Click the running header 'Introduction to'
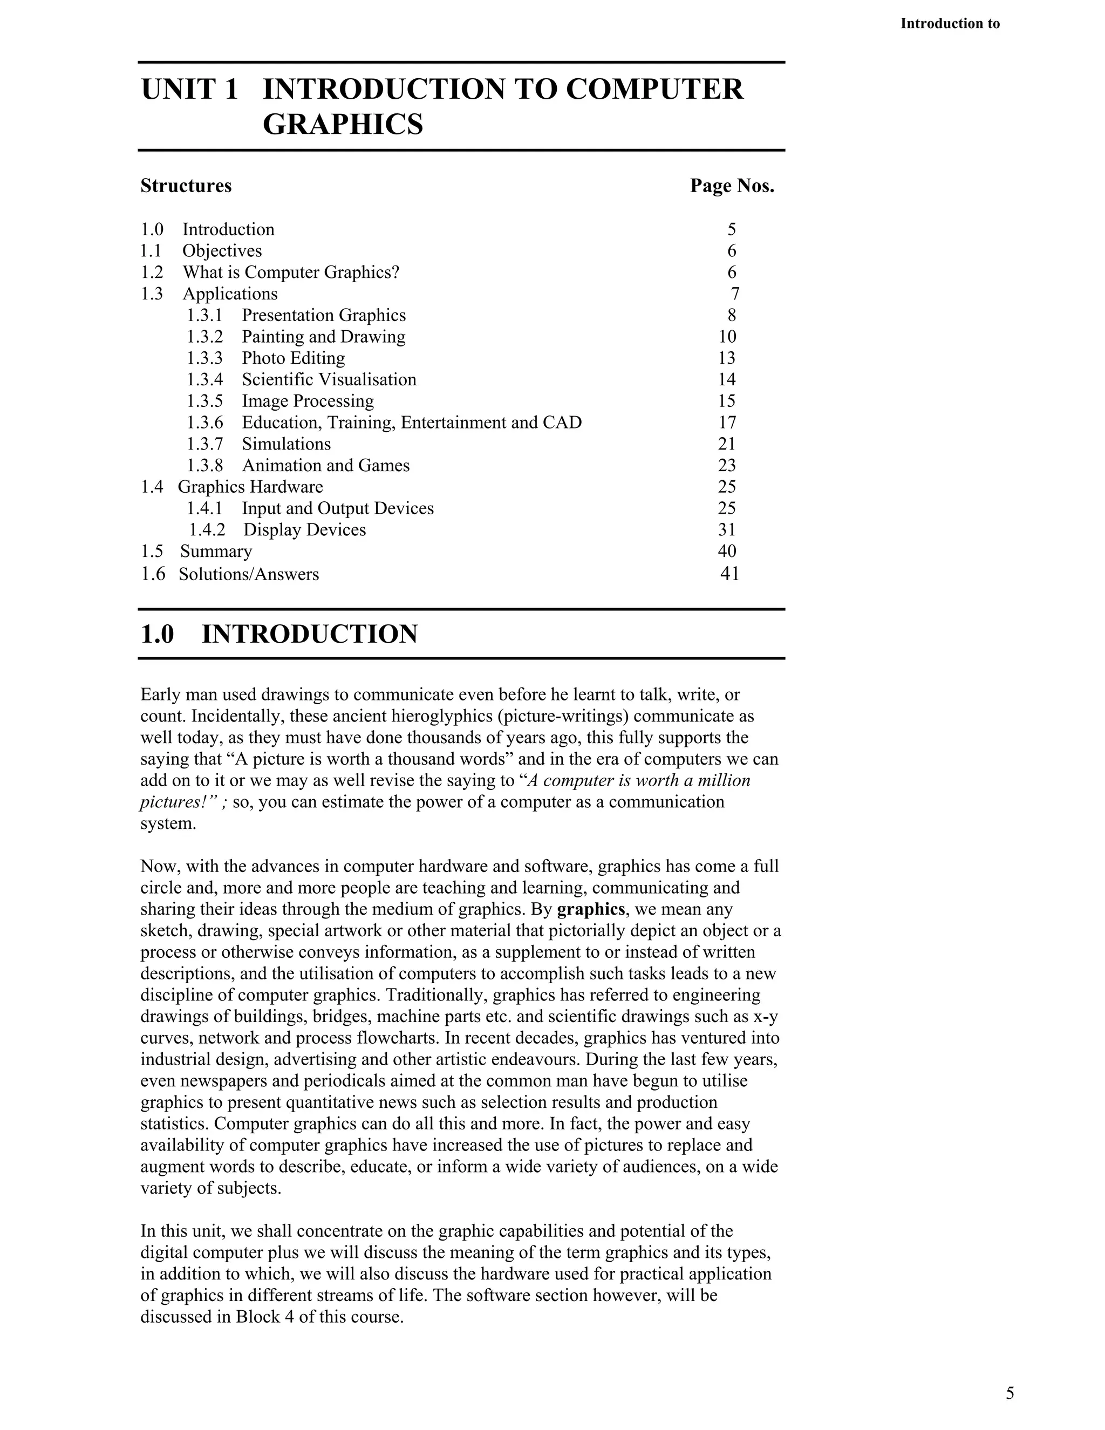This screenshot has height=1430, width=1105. tap(949, 24)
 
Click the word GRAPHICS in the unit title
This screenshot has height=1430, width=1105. tap(343, 125)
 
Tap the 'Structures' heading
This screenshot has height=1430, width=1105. tap(186, 186)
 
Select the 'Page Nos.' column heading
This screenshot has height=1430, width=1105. tap(732, 186)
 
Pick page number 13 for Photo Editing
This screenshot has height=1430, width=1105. tap(727, 358)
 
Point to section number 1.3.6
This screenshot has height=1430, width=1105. tap(204, 423)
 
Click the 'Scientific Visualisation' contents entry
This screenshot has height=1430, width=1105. tap(329, 380)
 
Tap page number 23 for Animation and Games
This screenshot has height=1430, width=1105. tap(727, 466)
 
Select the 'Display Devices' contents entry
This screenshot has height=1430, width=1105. tap(304, 530)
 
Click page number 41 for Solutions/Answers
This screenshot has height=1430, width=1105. tap(729, 574)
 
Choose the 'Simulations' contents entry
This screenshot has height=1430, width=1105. tap(286, 444)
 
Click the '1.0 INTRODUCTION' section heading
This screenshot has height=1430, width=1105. tap(279, 635)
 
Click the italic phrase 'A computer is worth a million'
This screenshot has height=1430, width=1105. tap(638, 780)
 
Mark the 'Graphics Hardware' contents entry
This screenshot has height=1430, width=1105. tap(250, 487)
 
